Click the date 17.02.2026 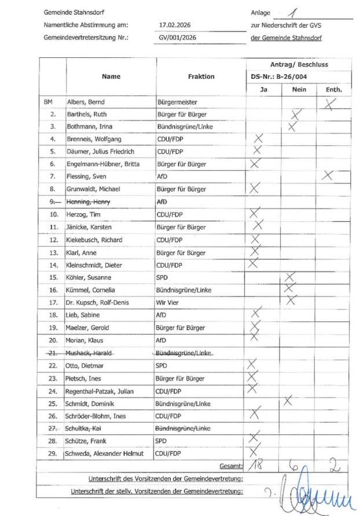point(174,25)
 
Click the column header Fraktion point(201,76)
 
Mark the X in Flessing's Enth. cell point(328,175)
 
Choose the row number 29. point(53,453)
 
